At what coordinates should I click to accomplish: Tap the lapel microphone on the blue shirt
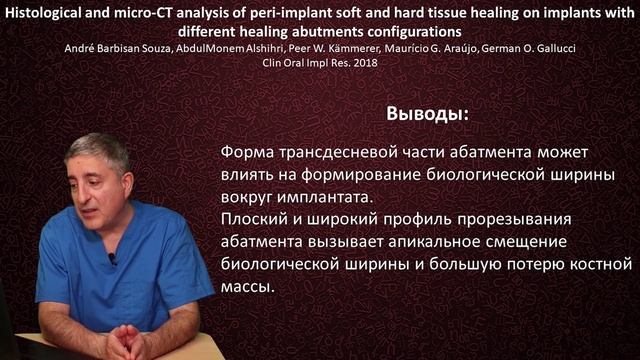click(x=112, y=258)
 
